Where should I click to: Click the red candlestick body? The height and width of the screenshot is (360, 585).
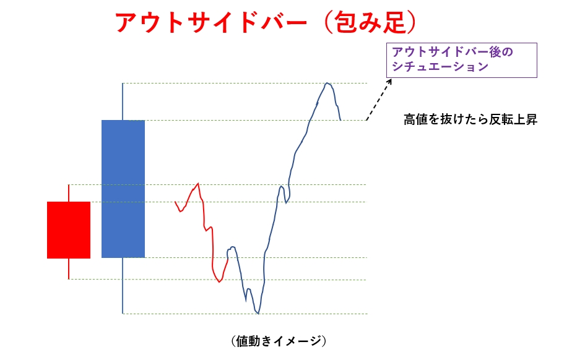(69, 230)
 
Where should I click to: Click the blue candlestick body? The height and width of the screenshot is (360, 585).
(123, 189)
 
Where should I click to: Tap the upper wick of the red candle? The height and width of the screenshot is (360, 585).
(69, 193)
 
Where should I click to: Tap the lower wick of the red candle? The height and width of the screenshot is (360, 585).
(69, 268)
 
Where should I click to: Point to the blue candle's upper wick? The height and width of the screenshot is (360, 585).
(123, 101)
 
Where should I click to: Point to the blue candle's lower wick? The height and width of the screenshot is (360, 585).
(123, 286)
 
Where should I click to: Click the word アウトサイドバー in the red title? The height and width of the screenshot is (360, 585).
(211, 22)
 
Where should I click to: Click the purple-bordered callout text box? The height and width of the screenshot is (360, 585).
(462, 61)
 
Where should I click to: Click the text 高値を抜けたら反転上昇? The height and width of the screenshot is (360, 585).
(470, 119)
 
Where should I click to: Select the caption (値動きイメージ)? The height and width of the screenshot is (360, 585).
(279, 341)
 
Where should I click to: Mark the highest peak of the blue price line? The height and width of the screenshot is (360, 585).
(327, 83)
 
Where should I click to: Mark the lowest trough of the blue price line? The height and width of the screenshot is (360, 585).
(258, 314)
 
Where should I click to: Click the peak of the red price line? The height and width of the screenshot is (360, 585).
(198, 184)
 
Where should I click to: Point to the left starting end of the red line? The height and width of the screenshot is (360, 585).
(175, 202)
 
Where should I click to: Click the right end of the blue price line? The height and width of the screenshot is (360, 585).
(340, 120)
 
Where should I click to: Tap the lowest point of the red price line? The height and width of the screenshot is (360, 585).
(219, 281)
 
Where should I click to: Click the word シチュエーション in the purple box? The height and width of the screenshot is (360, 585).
(440, 67)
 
